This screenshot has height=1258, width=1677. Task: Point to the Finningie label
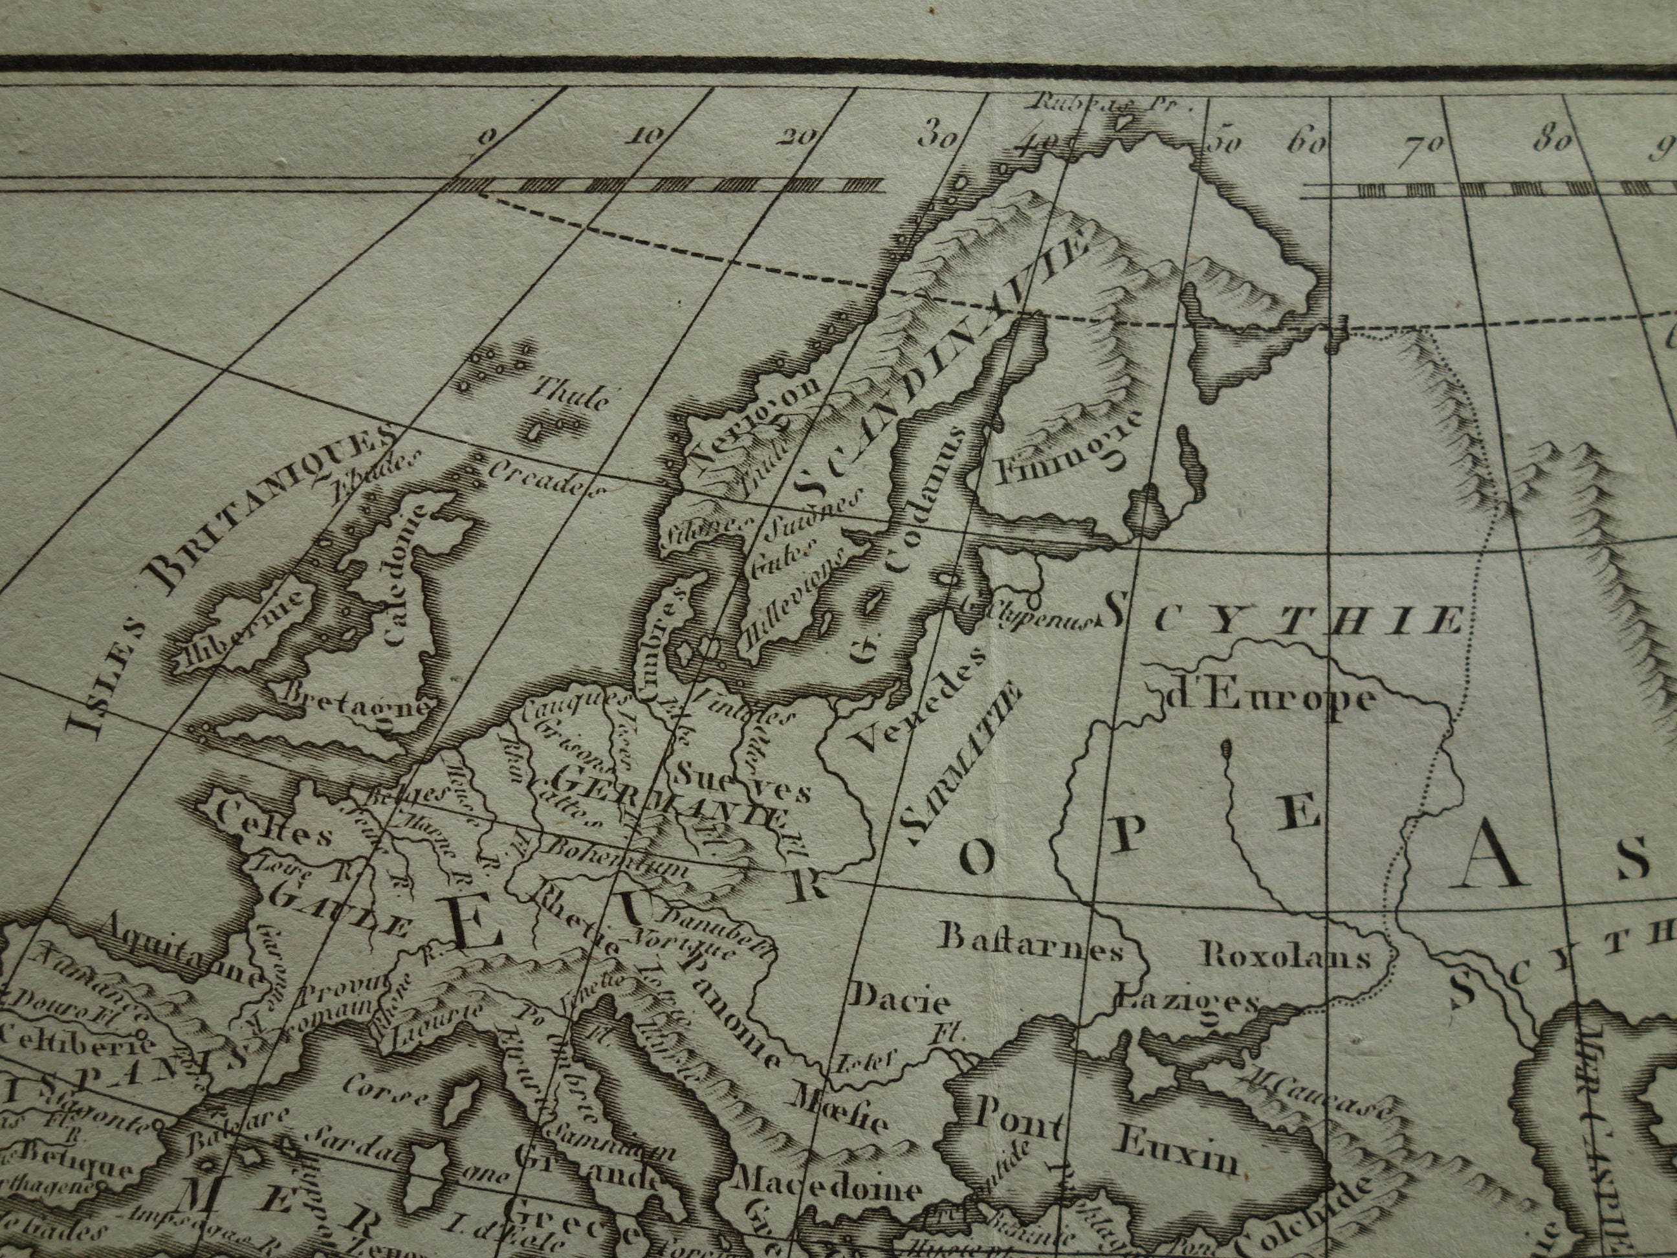pos(1062,451)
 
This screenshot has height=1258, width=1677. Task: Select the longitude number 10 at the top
pos(646,137)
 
